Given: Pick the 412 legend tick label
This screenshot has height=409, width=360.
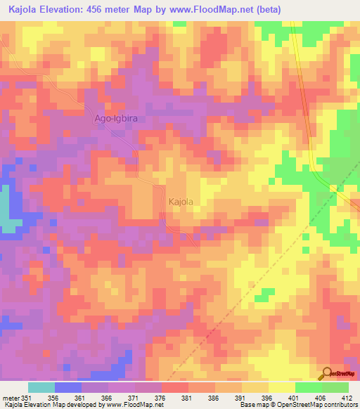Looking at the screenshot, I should tap(347, 398).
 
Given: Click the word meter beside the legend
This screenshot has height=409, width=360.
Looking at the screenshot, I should tap(12, 398).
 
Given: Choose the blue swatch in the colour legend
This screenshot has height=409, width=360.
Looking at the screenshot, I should tap(68, 387).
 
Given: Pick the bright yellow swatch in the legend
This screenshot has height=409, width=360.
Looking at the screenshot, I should tap(281, 387).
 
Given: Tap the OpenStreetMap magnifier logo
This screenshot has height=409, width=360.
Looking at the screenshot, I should tap(327, 374).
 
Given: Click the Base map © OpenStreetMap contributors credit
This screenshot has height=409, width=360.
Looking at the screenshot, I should tap(297, 405).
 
